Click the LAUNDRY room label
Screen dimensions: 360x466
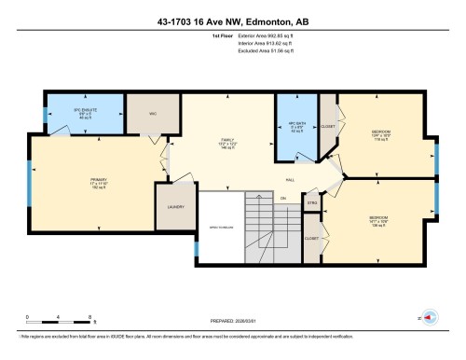click(174, 206)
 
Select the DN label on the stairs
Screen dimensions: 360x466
click(282, 199)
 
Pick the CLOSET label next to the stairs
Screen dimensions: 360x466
click(311, 238)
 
